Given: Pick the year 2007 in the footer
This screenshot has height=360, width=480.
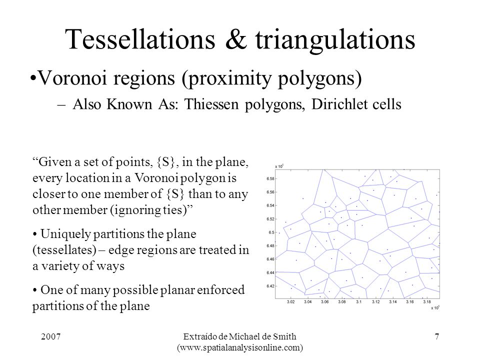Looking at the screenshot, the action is tap(51, 336).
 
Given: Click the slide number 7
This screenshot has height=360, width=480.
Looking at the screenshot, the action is tap(437, 336).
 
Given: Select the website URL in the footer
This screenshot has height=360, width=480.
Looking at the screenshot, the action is tap(240, 348).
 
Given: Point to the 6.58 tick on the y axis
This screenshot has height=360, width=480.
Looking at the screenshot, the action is tap(270, 179).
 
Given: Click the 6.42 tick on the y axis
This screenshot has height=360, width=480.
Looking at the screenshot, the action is tap(270, 286).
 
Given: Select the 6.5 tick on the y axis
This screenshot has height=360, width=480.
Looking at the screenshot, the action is tap(271, 232).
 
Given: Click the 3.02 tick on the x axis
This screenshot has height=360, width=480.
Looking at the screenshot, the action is tap(290, 302).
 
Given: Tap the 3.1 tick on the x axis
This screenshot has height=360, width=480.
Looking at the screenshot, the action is tap(358, 302).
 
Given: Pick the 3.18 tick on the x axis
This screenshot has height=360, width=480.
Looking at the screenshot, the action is tap(426, 302).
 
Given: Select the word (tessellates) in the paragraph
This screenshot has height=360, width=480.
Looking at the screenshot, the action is tap(64, 250).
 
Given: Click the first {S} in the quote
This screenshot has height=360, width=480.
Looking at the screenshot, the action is tap(165, 162).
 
